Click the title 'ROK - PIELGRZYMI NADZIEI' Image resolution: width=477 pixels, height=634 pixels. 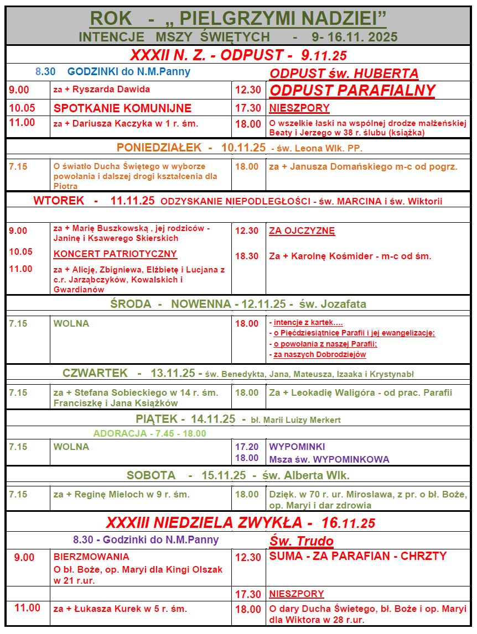(x=238, y=18)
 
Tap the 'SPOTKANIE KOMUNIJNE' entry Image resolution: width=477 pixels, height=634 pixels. (x=122, y=108)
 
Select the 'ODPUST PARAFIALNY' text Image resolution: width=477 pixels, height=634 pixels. (x=352, y=91)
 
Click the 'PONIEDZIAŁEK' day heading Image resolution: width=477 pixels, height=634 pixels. (x=159, y=148)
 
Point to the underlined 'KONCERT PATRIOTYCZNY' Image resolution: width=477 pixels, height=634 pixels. (x=115, y=254)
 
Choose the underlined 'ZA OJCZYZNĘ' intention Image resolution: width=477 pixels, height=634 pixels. (x=302, y=231)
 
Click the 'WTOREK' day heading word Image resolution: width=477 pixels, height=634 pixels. (x=58, y=201)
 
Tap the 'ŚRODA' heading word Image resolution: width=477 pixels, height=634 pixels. (x=131, y=304)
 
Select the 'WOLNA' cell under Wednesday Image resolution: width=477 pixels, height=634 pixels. (x=71, y=323)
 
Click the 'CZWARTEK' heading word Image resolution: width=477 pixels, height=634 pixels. (x=95, y=373)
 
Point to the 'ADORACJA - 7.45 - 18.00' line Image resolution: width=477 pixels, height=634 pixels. (x=149, y=433)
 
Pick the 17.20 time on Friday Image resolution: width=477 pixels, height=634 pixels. (x=247, y=447)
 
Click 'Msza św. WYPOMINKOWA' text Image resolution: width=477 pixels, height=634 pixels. (x=329, y=459)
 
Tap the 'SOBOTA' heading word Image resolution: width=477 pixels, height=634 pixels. (x=151, y=475)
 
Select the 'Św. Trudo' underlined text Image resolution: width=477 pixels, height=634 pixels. (x=301, y=541)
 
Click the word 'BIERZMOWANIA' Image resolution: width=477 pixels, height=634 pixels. (x=91, y=557)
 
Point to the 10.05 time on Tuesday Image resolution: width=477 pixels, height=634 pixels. (x=20, y=252)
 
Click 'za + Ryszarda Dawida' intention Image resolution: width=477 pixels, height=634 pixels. (x=102, y=89)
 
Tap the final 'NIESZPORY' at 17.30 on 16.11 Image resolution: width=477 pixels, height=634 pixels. (x=297, y=594)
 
